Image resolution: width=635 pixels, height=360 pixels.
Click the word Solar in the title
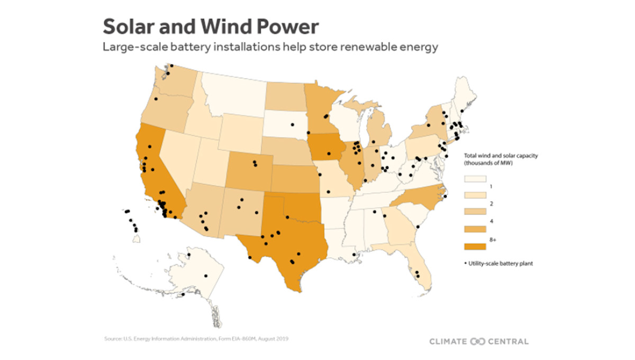[x=129, y=26]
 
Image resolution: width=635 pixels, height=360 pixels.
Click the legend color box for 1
[x=475, y=182]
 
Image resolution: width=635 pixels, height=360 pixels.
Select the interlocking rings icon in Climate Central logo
[x=477, y=341]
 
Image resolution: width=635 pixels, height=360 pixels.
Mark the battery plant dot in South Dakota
[x=291, y=125]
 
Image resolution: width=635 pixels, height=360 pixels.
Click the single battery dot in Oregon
[x=156, y=99]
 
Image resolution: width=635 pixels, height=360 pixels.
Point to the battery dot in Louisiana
[x=354, y=255]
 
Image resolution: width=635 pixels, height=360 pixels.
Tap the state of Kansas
[x=296, y=177]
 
